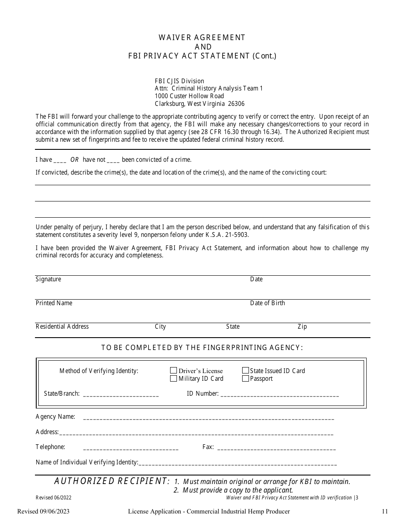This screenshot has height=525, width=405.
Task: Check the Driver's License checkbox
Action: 174,370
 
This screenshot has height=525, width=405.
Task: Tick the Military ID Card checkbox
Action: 174,378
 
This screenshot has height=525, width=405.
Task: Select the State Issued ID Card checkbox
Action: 246,370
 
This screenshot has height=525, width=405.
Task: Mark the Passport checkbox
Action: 246,378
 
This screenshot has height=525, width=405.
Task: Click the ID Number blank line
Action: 280,394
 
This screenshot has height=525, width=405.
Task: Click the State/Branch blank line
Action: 121,394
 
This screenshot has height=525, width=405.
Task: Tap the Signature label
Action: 48,279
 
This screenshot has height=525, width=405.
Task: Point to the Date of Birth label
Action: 267,303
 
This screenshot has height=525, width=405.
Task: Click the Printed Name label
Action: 54,303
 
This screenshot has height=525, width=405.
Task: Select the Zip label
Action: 302,327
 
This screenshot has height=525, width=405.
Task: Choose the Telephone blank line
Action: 130,448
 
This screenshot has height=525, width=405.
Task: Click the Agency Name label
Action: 55,417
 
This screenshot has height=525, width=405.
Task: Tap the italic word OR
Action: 75,160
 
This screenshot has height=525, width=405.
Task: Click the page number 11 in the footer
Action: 385,511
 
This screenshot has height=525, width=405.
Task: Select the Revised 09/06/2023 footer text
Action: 43,511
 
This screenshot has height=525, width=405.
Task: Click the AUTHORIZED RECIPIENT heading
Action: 112,481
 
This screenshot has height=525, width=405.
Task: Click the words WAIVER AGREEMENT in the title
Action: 202,38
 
